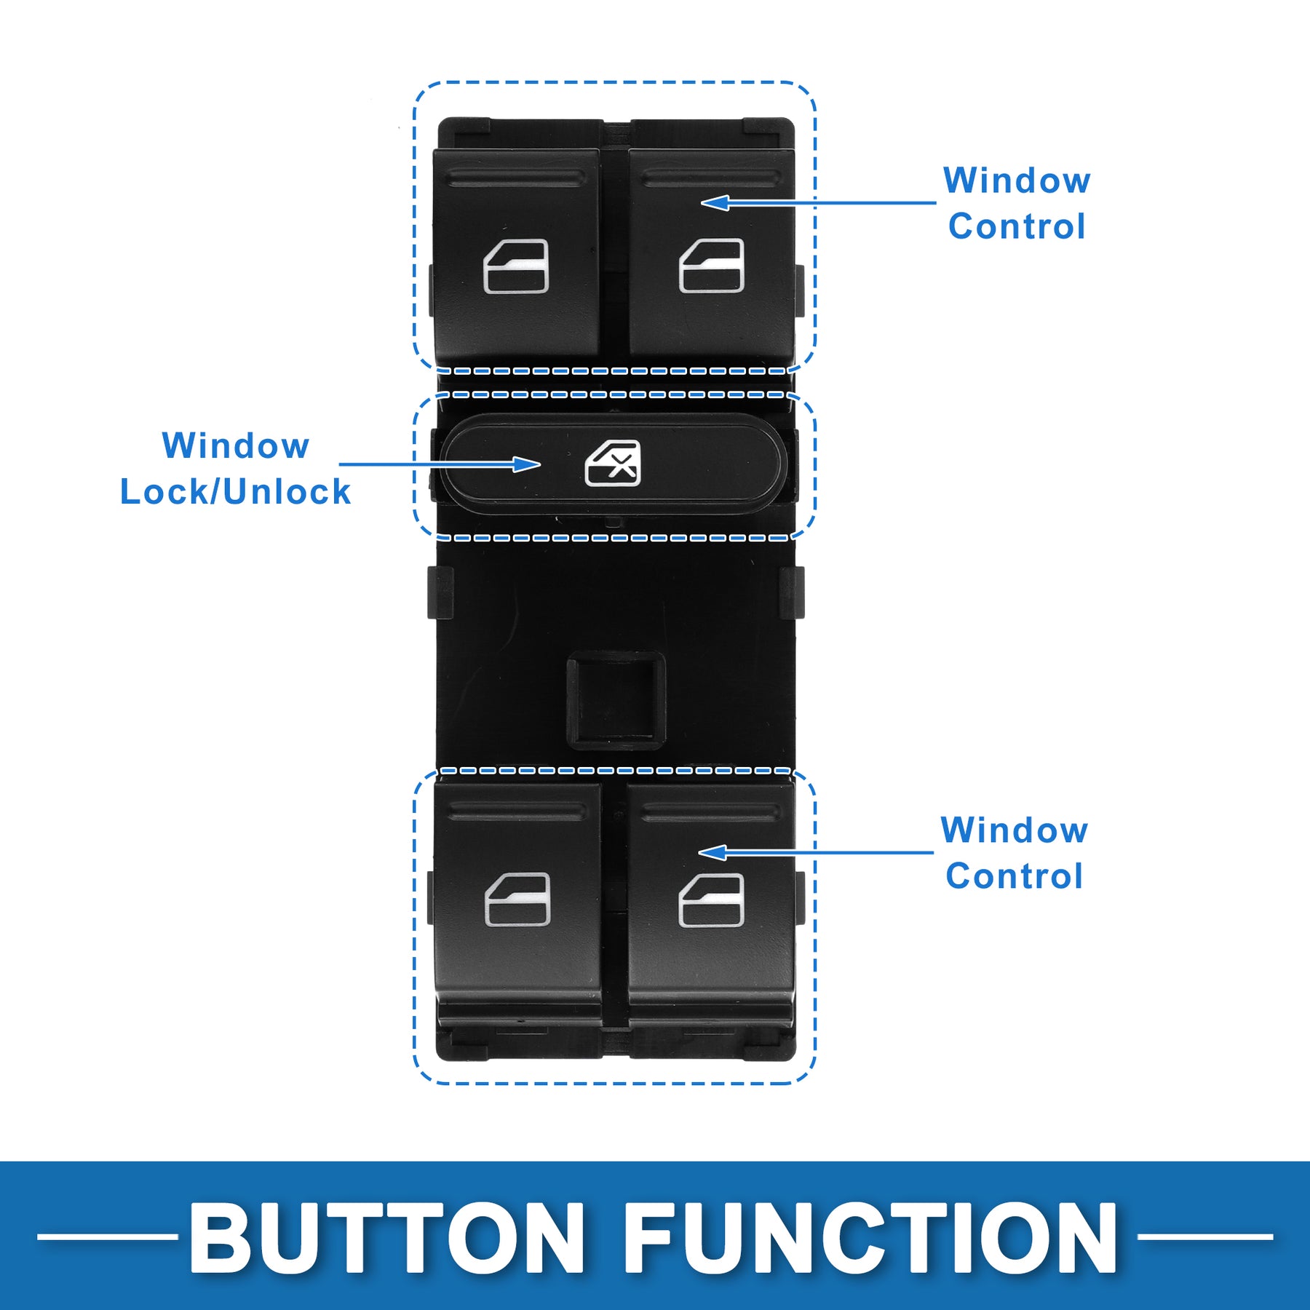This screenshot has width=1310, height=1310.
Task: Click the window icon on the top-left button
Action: (515, 266)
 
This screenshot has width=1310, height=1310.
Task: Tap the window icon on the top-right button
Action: (711, 266)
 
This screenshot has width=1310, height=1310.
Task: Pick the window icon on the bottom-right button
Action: (711, 900)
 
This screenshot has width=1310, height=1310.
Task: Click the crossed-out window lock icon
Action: (613, 463)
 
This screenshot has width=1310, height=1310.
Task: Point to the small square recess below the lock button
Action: (616, 700)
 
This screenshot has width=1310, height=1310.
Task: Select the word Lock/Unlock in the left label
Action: (235, 492)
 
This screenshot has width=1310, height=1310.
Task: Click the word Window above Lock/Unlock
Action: (236, 445)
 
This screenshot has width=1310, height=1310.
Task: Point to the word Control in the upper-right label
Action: (1017, 226)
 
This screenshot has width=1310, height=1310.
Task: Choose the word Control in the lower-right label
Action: (1015, 876)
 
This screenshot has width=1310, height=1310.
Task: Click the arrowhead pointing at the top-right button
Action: (715, 202)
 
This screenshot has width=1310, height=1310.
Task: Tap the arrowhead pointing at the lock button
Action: (527, 464)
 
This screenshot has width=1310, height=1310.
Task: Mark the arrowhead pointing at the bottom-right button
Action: (712, 852)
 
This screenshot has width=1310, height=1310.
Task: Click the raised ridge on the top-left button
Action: (516, 178)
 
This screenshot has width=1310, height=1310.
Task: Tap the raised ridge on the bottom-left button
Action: (517, 811)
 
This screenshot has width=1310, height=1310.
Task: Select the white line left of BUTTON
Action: (108, 1236)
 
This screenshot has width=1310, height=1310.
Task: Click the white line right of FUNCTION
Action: (1204, 1236)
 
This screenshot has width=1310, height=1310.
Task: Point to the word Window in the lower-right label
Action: (1014, 830)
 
